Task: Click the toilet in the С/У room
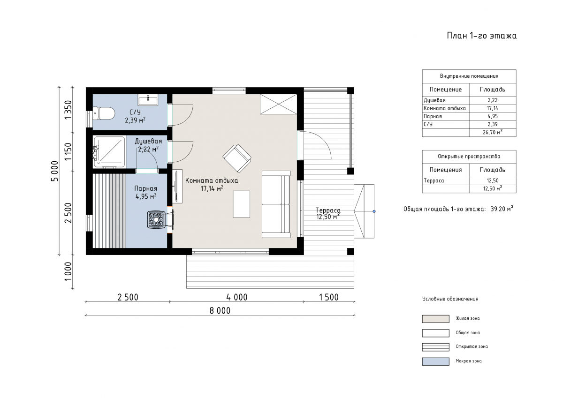click(x=104, y=113)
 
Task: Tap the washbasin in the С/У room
click(x=148, y=100)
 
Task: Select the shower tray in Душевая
click(x=109, y=152)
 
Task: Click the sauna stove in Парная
click(x=156, y=220)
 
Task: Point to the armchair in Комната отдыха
click(x=237, y=158)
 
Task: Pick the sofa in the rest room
click(x=276, y=204)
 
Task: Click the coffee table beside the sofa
click(x=241, y=204)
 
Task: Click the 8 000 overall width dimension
click(x=220, y=311)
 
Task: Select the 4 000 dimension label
click(x=237, y=297)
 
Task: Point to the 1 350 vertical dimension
click(x=68, y=110)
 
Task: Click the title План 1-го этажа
click(x=481, y=36)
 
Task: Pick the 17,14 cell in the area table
click(x=493, y=108)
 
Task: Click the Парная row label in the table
click(x=433, y=116)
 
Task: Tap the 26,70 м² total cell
click(x=493, y=132)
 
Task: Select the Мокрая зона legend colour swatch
click(x=435, y=361)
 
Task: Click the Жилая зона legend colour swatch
click(x=435, y=319)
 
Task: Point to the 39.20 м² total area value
click(x=502, y=209)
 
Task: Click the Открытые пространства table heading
click(x=469, y=157)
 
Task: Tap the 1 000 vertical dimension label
click(x=68, y=271)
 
